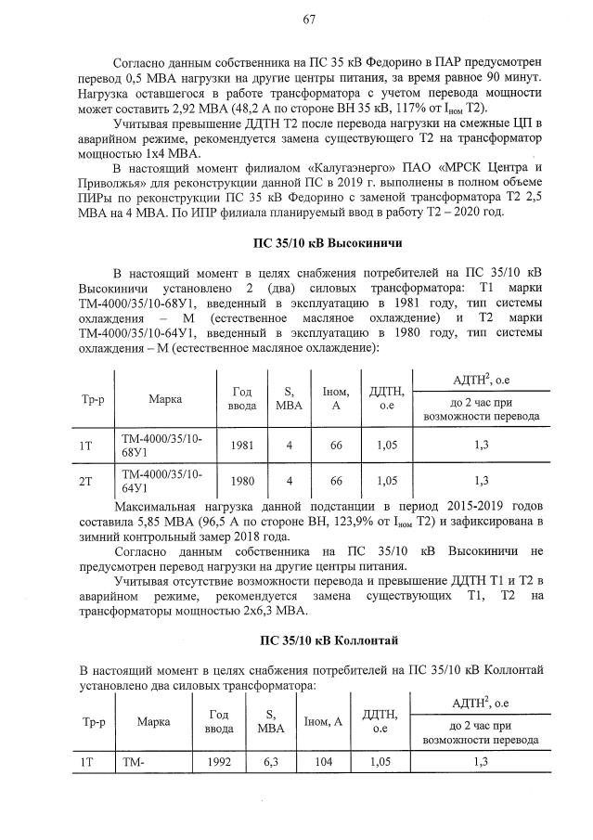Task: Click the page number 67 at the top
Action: [x=309, y=19]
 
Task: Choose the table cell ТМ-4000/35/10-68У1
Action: [x=161, y=445]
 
